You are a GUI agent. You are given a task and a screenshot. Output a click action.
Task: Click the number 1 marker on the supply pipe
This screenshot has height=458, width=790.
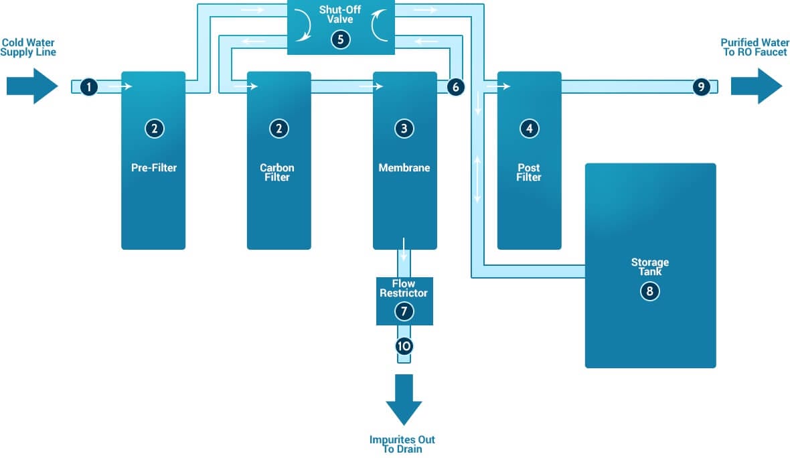[x=89, y=86]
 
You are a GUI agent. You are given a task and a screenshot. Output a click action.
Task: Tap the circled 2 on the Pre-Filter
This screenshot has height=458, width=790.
[x=154, y=129]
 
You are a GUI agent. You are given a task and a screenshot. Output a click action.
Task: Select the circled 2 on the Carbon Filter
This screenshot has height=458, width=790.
[x=279, y=129]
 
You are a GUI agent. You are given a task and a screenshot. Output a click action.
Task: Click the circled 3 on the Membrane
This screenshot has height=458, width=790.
[x=404, y=129]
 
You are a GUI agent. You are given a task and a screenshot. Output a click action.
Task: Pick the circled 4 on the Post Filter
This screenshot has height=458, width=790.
[x=529, y=129]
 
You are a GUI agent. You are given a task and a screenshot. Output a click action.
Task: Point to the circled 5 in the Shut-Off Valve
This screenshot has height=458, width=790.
[x=340, y=40]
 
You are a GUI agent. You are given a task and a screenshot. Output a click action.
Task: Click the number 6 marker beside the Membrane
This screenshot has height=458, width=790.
[x=455, y=86]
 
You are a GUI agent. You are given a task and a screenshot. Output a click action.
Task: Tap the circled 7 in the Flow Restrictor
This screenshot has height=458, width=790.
[x=404, y=311]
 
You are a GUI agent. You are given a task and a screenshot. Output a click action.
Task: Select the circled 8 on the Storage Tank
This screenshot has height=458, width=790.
[x=649, y=291]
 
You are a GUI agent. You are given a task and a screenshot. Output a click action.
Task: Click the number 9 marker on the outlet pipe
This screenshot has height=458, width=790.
[x=701, y=86]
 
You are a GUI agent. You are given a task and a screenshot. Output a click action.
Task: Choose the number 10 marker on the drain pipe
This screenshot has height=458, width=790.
[x=404, y=346]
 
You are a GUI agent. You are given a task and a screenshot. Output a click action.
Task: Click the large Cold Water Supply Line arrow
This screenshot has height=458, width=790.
[x=32, y=86]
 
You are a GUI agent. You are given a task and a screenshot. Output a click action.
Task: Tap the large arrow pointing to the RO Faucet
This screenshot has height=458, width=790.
[x=756, y=86]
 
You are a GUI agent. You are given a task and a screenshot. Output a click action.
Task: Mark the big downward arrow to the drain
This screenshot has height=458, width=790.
[x=404, y=400]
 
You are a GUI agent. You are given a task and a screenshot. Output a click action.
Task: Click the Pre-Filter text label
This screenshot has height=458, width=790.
[x=154, y=167]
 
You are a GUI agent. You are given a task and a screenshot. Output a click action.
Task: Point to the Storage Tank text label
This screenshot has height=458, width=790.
[x=649, y=266]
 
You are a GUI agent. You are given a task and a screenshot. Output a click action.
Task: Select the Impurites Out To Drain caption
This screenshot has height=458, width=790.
[x=402, y=444]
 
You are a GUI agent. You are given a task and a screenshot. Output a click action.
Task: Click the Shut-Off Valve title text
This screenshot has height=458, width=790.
[x=340, y=15]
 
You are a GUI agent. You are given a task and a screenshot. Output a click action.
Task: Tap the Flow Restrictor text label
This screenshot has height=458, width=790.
[x=404, y=289]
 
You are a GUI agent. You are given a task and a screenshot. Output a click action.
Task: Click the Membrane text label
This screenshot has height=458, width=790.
[x=404, y=167]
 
